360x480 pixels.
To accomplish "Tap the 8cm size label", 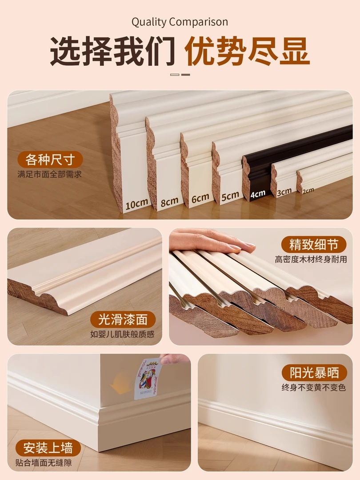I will (169, 201).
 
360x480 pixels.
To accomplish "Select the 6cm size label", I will (200, 199).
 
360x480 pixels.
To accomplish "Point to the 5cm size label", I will (230, 196).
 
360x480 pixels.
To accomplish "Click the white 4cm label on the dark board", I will (258, 193).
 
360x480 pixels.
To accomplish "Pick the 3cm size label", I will (284, 192).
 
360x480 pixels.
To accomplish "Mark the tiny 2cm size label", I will (308, 190).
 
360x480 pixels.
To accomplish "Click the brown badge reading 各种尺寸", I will (50, 160).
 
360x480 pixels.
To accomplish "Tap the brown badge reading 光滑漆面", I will (123, 320).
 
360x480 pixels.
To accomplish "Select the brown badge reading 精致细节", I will (314, 244).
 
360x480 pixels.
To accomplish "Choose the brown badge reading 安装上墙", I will (48, 447).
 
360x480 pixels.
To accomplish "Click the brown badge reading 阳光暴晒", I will (314, 372).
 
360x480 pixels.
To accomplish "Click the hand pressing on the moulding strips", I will (209, 240).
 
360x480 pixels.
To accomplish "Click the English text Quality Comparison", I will (180, 22).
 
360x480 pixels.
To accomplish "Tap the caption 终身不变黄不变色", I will (313, 388).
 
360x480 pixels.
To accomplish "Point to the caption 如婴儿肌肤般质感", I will (123, 334).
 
